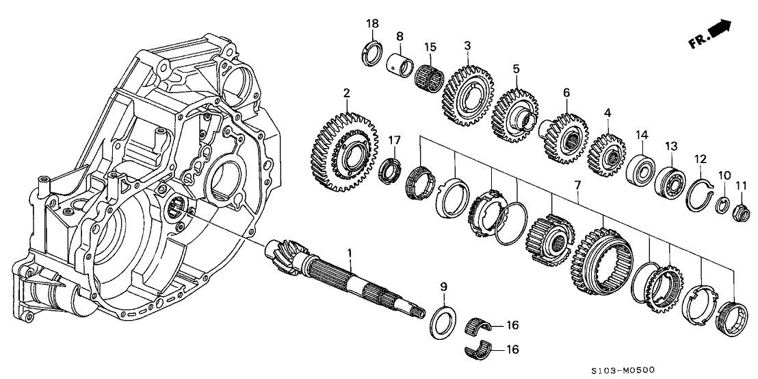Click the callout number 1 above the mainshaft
[350, 254]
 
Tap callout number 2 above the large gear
[347, 93]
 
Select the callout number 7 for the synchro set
[578, 186]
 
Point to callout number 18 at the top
[372, 24]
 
